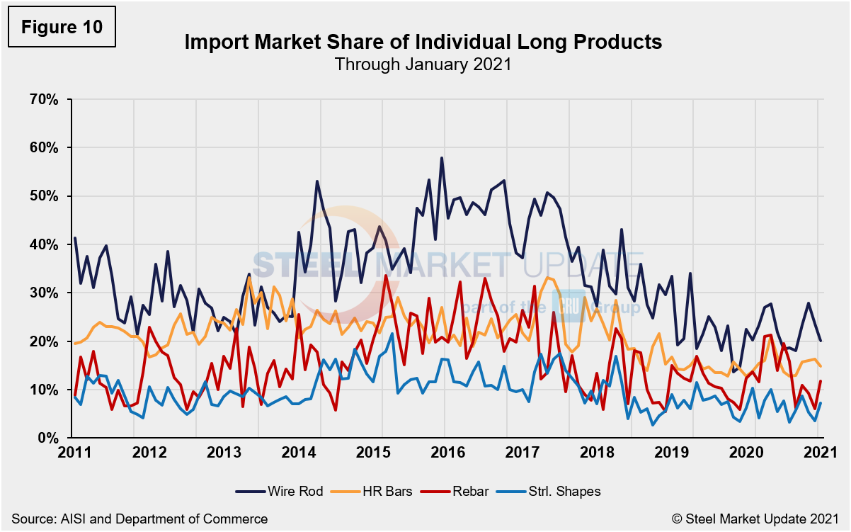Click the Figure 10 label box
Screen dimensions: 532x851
[61, 28]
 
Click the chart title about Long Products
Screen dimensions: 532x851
[423, 42]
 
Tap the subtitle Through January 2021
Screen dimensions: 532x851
[423, 64]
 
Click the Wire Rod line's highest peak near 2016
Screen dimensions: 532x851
[441, 158]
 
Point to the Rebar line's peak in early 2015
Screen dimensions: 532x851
[386, 275]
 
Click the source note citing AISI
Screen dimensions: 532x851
[139, 519]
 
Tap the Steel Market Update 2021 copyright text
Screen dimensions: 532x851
[755, 519]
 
